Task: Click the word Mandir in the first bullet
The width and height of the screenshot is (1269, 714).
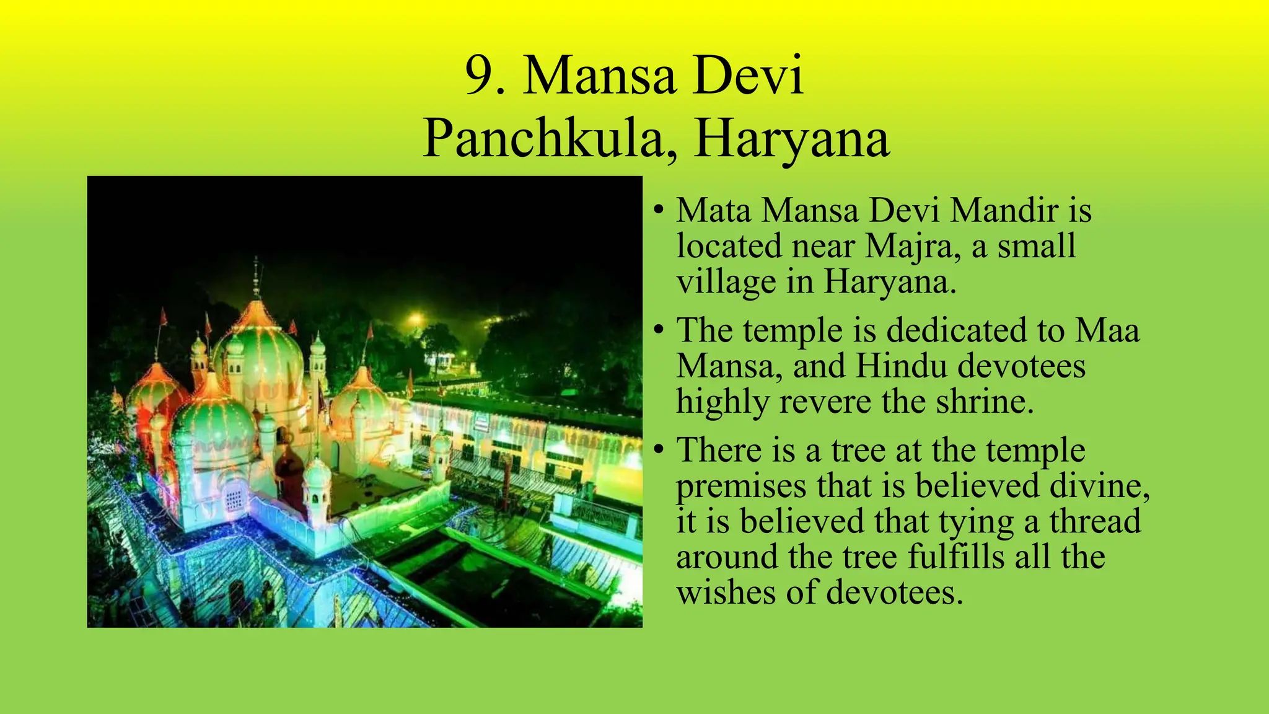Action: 1004,211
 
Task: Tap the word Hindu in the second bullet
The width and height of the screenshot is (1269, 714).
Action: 902,366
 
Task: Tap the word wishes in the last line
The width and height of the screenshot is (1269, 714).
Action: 726,593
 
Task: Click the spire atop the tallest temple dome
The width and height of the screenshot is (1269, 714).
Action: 256,276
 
